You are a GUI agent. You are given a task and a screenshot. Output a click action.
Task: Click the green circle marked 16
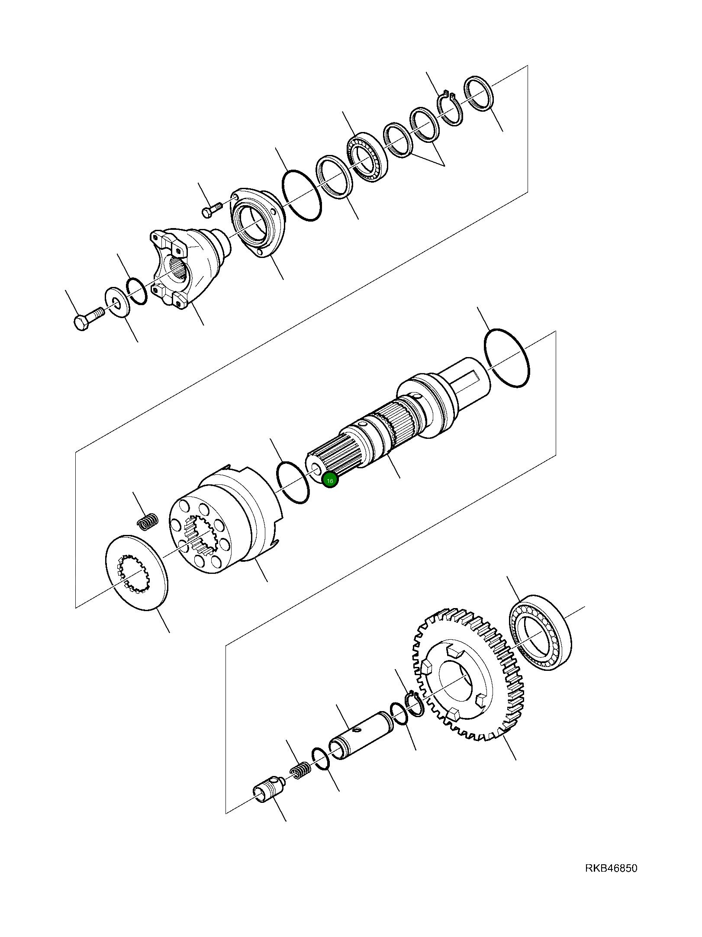pyautogui.click(x=330, y=480)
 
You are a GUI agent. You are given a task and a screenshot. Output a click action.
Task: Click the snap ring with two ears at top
pyautogui.click(x=450, y=108)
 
